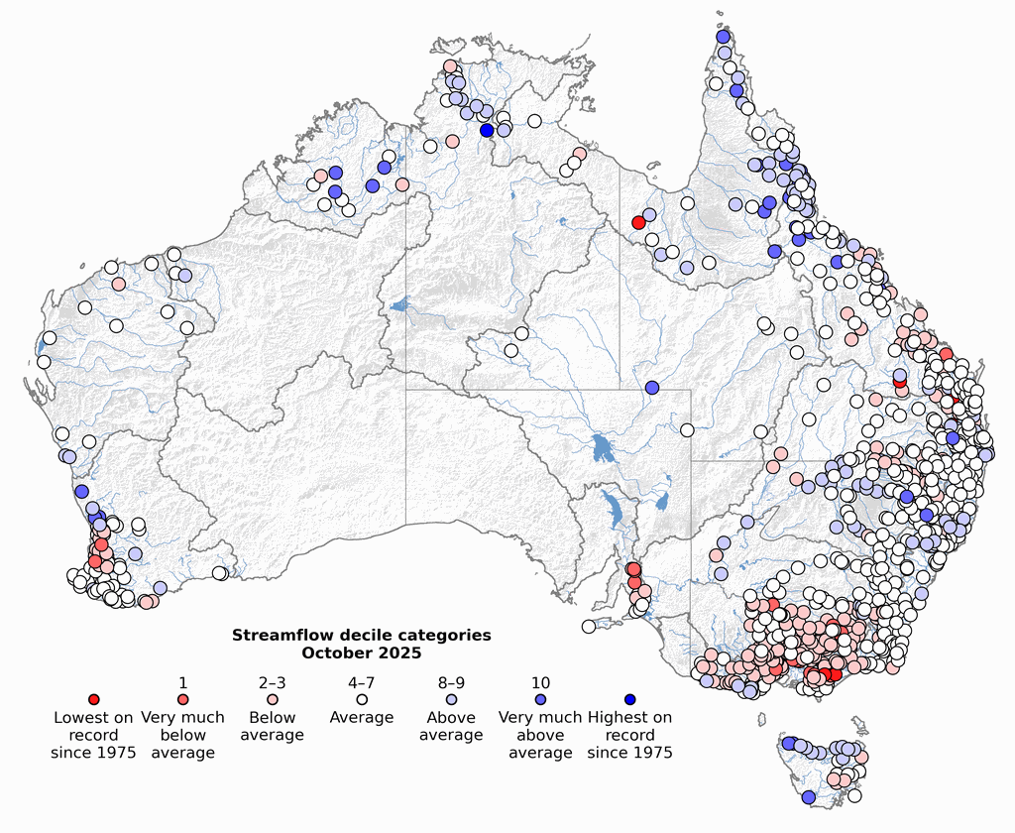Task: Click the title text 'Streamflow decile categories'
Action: [361, 635]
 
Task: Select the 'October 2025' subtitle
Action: [361, 653]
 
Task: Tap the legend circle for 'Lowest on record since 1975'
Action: [94, 700]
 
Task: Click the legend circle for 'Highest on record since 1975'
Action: [629, 700]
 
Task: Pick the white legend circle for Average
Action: [362, 700]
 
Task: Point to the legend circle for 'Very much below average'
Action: [183, 700]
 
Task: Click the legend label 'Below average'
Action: [273, 726]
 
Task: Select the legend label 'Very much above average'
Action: [540, 735]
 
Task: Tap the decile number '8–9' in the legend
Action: [451, 683]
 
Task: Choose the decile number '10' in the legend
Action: [540, 683]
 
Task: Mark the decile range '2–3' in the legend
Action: [273, 683]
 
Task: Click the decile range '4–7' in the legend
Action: [362, 683]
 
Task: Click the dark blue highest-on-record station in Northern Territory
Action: [487, 130]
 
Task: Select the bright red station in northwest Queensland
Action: [638, 223]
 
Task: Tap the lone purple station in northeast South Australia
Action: [651, 387]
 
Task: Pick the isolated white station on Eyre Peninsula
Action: [589, 626]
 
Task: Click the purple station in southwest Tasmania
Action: [808, 797]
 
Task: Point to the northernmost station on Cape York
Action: [724, 37]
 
